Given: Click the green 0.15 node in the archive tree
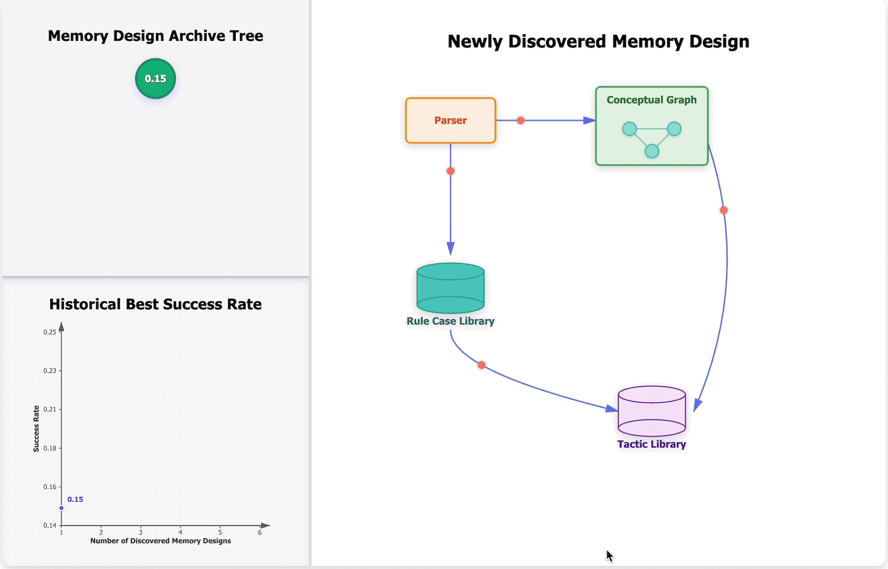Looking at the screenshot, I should [155, 79].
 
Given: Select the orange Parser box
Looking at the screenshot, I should [450, 121].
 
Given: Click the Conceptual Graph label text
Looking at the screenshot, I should [651, 100].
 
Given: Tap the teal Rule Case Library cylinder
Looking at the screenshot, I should [450, 288].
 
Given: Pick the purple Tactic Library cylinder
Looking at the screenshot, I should [651, 411].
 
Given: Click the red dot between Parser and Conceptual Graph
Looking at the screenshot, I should [521, 121].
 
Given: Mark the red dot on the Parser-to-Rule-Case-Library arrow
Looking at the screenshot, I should [450, 171].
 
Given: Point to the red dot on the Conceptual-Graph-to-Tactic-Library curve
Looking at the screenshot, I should [724, 210].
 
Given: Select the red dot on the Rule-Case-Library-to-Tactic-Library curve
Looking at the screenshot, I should [482, 365].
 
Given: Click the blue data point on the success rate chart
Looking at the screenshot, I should [61, 508].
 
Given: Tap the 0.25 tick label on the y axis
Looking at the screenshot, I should [50, 332].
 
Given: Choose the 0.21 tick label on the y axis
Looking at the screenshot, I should [50, 409].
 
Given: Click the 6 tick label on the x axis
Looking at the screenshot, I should [259, 532].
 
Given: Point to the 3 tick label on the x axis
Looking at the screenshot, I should [141, 532].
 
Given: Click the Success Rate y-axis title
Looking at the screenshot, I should [36, 429].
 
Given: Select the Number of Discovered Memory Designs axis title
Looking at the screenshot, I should [161, 541].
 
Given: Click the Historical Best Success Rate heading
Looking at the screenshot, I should [155, 304].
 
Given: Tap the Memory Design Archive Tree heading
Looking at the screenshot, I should [155, 36].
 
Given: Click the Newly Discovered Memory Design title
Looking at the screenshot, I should [598, 41].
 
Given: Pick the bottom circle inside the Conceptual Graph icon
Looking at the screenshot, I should [652, 151].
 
